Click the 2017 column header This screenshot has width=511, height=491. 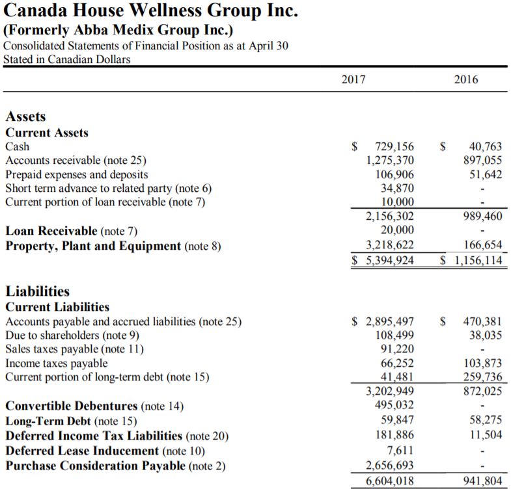(353, 79)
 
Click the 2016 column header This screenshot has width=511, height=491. (466, 79)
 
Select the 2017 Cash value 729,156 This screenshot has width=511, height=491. (394, 146)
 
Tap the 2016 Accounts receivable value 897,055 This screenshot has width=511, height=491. (482, 160)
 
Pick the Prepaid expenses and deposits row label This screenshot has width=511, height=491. (77, 174)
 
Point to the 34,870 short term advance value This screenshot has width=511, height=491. (397, 188)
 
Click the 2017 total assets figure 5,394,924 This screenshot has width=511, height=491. (390, 260)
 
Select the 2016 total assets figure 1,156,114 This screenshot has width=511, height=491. (478, 260)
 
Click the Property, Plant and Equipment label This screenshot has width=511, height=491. (93, 246)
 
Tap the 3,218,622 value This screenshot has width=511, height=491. (390, 245)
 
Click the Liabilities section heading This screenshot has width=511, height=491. (38, 291)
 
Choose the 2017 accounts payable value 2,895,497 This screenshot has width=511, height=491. (390, 321)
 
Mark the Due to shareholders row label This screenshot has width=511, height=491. (72, 336)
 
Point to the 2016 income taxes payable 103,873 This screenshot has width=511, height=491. (482, 363)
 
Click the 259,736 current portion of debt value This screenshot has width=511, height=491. (482, 377)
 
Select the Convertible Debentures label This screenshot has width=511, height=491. (72, 406)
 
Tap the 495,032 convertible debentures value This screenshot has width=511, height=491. (394, 405)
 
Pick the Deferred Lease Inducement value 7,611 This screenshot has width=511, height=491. (400, 451)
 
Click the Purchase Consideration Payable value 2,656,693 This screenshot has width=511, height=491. (390, 465)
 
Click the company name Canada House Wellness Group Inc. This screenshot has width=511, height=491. (150, 10)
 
